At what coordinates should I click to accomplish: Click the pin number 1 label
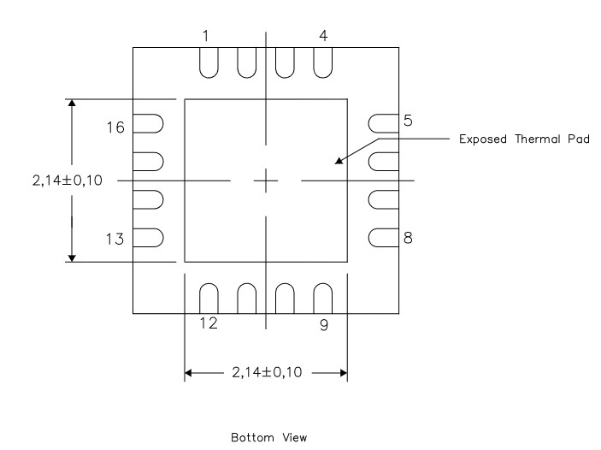click(x=206, y=36)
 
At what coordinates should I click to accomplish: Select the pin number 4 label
click(x=323, y=36)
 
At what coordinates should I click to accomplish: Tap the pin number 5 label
click(x=409, y=121)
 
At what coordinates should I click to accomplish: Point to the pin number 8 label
click(x=409, y=238)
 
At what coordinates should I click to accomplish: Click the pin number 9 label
click(x=323, y=325)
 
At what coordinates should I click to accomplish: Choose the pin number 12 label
click(x=208, y=323)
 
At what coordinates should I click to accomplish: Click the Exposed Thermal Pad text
click(x=520, y=139)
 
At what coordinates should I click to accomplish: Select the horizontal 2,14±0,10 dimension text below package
click(x=266, y=373)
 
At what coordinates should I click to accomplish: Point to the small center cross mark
click(x=266, y=181)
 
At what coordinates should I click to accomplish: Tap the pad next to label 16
click(x=150, y=124)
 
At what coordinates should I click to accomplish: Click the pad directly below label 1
click(x=208, y=62)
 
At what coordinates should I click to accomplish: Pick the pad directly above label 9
click(x=323, y=299)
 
